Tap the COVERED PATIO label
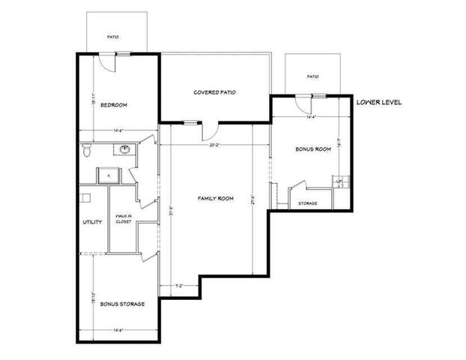point(215,92)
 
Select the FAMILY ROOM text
point(216,199)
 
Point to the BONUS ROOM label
point(313,149)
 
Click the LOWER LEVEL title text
point(379,101)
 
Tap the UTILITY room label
point(92,223)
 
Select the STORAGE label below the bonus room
point(308,203)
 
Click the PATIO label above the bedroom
point(112,36)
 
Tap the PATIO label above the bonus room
point(313,76)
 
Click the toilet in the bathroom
point(88,152)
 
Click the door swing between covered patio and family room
point(211,128)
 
